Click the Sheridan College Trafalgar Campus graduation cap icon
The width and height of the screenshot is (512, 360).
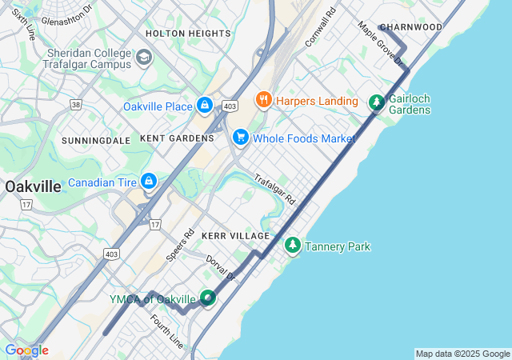click(144, 57)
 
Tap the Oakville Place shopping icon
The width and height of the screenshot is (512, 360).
click(205, 106)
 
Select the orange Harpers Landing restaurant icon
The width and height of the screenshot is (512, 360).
click(262, 100)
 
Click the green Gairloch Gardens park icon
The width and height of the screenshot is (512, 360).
click(376, 102)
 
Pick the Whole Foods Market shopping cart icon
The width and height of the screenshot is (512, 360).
click(240, 138)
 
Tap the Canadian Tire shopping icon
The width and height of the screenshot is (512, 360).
click(148, 182)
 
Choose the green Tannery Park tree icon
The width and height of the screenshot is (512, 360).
click(293, 246)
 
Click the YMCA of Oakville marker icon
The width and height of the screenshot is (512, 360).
click(208, 298)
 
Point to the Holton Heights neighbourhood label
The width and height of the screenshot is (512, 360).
click(188, 34)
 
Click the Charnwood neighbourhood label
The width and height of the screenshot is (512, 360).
click(410, 27)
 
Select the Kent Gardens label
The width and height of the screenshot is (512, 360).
click(177, 138)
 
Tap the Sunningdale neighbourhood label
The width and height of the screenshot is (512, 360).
click(95, 140)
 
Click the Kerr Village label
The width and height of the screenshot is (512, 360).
click(235, 236)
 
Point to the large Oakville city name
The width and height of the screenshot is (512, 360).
click(33, 186)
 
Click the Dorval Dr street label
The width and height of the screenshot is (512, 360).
click(222, 268)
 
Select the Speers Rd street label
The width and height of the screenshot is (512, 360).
click(181, 246)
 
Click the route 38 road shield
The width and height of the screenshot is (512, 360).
click(75, 104)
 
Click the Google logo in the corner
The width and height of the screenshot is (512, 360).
click(26, 350)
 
